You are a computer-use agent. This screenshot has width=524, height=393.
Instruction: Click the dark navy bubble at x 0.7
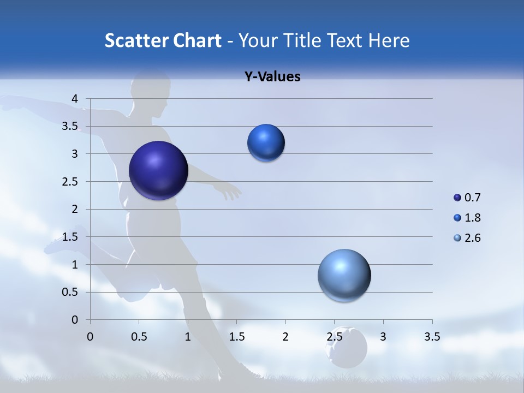[x=158, y=170]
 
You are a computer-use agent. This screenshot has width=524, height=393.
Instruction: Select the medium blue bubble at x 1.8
[x=266, y=143]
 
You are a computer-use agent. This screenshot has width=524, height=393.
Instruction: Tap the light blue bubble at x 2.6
[x=344, y=276]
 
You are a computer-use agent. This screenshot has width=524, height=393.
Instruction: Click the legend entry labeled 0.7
[x=467, y=198]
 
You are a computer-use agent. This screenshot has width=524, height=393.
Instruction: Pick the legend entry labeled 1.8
[x=467, y=218]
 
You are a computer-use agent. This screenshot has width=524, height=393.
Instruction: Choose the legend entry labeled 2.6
[x=467, y=238]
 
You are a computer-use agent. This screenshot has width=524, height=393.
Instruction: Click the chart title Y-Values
[x=272, y=77]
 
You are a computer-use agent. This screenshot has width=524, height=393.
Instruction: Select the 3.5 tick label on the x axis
[x=432, y=337]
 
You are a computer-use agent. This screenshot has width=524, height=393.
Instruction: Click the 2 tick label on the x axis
[x=285, y=337]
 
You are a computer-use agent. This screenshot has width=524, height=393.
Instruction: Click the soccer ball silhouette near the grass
[x=346, y=348]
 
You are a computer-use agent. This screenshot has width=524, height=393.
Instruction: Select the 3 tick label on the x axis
[x=383, y=337]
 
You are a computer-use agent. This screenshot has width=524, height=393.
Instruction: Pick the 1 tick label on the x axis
[x=188, y=337]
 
